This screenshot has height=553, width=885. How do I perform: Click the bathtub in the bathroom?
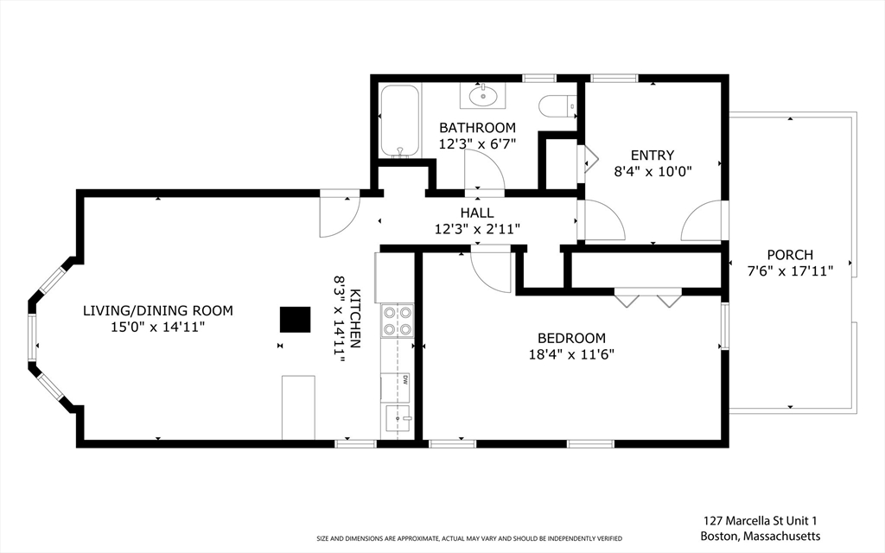pos(399,121)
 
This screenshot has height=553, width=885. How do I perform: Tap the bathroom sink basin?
pos(482,95)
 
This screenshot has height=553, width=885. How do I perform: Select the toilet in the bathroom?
pos(557,105)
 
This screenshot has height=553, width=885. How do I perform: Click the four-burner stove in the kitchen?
pos(398,321)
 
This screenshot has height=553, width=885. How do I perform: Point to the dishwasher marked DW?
pos(396,388)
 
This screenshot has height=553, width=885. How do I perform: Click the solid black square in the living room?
pos(296,320)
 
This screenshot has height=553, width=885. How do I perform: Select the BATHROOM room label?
pos(477,128)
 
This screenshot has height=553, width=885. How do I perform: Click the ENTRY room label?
pos(653,156)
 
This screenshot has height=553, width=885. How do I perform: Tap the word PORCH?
pos(790,255)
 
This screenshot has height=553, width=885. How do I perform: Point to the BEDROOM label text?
pos(571,339)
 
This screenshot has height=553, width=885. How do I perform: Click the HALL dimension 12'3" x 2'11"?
pos(477,229)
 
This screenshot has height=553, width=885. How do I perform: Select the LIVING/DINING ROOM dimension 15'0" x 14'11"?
pos(157,327)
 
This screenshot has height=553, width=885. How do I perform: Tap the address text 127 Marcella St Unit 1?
pos(761,521)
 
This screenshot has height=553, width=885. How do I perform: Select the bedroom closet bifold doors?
pos(648,297)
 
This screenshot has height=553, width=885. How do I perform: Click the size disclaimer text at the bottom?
pos(469,539)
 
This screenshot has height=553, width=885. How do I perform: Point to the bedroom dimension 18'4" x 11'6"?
pos(571,355)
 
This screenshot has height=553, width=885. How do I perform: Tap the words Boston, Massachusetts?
pos(761,536)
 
